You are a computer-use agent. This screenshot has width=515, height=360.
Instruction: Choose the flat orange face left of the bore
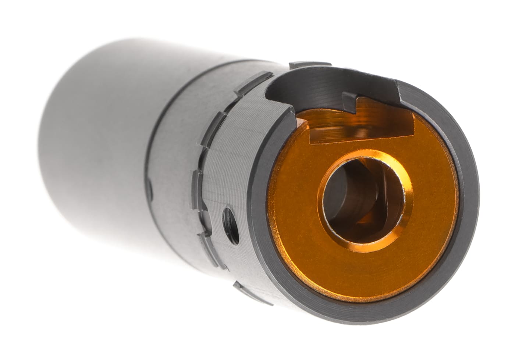pos(294,191)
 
